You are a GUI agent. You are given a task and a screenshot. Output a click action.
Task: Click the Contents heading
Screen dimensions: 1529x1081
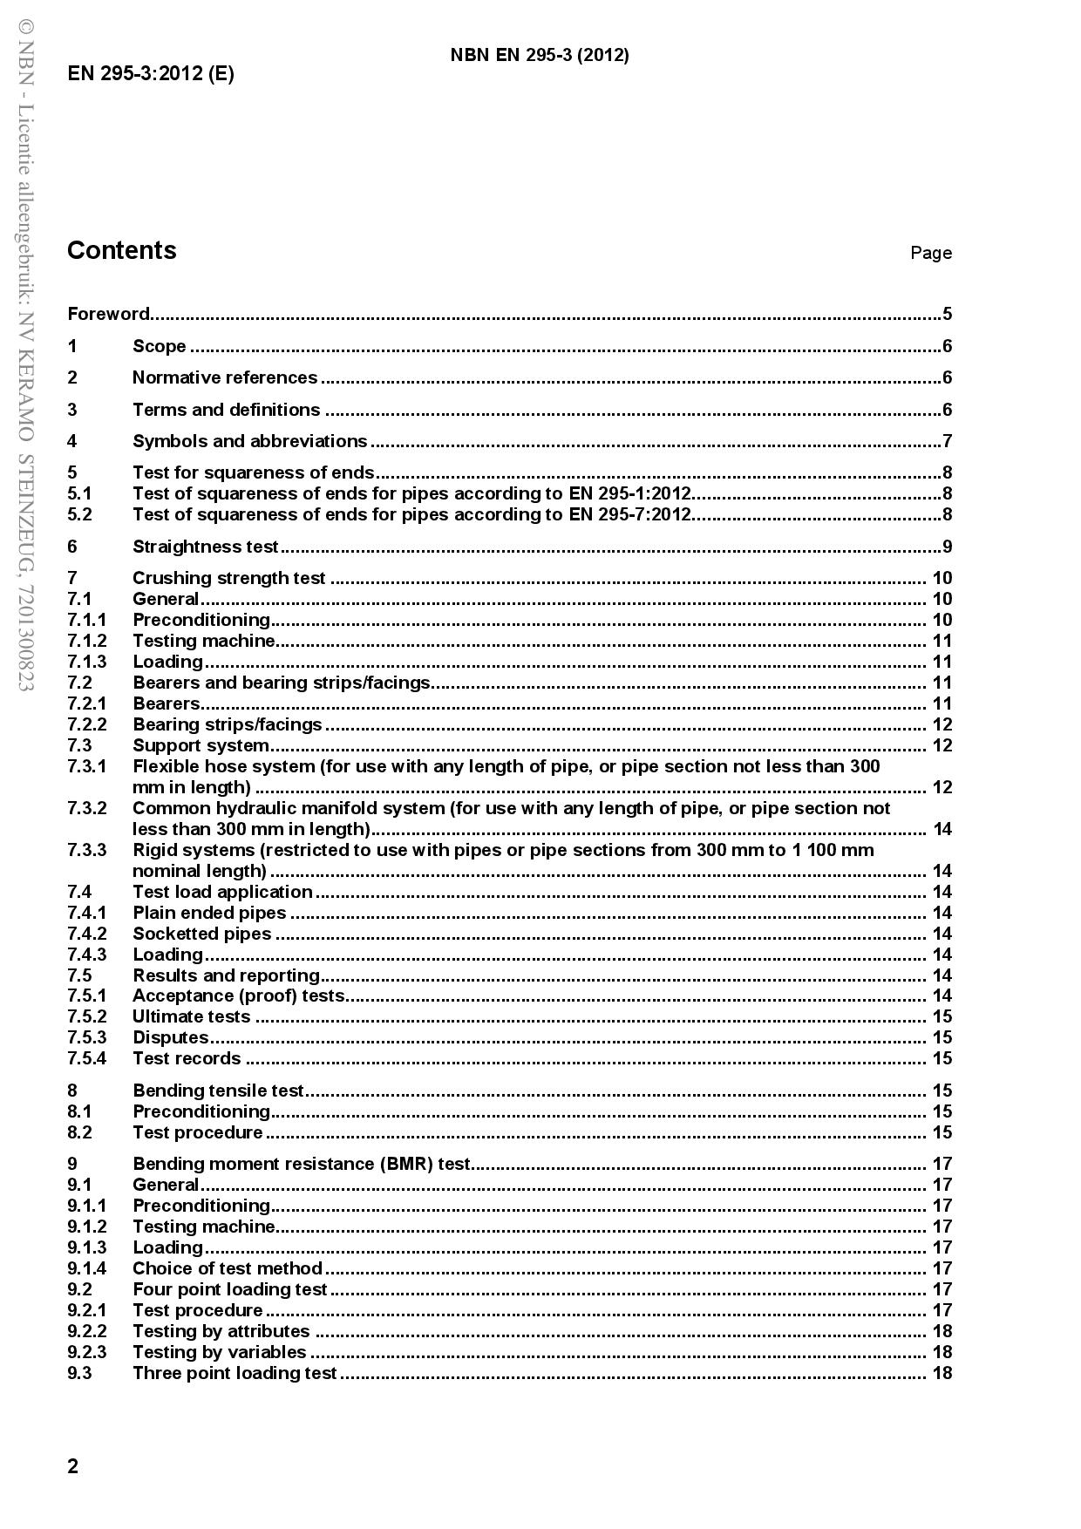pos(121,250)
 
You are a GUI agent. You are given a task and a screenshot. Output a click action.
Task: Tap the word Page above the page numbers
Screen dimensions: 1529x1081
pos(930,253)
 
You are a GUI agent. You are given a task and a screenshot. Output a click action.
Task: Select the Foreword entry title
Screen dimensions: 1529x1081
pos(109,314)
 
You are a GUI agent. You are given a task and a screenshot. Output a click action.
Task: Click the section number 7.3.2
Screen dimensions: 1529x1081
pos(87,808)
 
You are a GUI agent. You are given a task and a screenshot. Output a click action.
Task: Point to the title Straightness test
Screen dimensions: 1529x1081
pos(205,547)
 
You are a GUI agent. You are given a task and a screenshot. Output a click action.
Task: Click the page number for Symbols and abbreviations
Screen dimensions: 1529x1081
pos(947,441)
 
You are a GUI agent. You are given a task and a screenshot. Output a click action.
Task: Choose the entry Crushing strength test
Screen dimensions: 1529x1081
pos(228,578)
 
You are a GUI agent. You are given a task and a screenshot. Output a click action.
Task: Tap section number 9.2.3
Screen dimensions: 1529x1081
pos(87,1352)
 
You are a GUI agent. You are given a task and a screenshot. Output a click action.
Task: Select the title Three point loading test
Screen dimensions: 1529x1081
pos(234,1373)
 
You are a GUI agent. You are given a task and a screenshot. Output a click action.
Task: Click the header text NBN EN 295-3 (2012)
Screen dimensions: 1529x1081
pos(539,56)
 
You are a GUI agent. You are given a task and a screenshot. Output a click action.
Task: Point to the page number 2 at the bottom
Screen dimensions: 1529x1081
pos(73,1466)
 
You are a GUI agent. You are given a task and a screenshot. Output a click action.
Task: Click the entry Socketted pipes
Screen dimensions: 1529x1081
pos(201,934)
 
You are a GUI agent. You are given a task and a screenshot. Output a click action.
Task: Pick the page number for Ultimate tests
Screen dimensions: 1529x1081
pos(942,1016)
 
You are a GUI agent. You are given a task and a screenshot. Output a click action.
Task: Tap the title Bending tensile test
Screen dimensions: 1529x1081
pos(218,1091)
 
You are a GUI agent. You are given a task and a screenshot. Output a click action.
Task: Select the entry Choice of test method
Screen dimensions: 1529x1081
pos(227,1268)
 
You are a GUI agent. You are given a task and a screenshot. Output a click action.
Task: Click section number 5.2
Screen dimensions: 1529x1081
pos(79,514)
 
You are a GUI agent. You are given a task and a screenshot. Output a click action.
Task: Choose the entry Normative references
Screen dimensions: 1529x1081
pos(225,377)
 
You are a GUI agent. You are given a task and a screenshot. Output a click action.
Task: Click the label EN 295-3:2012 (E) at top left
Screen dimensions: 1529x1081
pos(150,73)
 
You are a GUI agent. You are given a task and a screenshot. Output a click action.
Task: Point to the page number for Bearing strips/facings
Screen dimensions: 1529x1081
pos(942,724)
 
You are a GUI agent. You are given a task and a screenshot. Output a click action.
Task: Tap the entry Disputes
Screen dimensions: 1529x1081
pos(170,1037)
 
